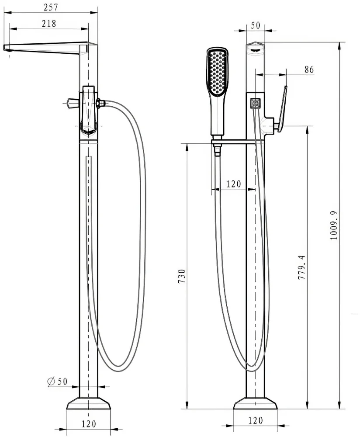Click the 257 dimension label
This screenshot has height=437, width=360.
coord(51,7)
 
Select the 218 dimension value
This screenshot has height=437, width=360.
coord(49,24)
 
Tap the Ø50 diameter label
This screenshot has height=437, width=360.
coord(57,381)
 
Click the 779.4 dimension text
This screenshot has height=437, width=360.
coord(301,267)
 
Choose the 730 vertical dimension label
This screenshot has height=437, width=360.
coord(181,277)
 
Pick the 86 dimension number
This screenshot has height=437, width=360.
coord(309,69)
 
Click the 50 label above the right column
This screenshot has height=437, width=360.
coord(255,25)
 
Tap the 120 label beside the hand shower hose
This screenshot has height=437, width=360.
coord(233,184)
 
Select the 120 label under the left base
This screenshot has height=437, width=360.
coord(89,424)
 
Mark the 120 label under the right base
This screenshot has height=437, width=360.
coord(255,420)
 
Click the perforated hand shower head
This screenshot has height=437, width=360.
coord(218,72)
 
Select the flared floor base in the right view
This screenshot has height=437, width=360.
coord(255,403)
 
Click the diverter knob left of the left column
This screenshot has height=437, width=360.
coord(72,104)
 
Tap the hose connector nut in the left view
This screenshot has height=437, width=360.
coord(100,104)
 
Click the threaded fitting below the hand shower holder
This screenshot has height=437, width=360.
coord(218,151)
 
